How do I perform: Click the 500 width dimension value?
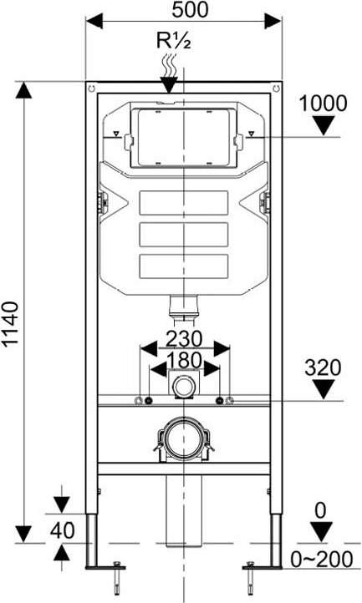pos(190,10)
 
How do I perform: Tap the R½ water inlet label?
pos(173,40)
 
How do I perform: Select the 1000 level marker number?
pos(323,104)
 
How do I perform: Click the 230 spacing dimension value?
pos(184,339)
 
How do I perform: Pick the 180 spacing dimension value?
pos(184,360)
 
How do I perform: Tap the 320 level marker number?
pos(323,367)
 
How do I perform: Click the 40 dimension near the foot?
pos(62,530)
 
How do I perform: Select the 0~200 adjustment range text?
pos(322,560)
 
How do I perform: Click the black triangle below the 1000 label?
pos(323,126)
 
